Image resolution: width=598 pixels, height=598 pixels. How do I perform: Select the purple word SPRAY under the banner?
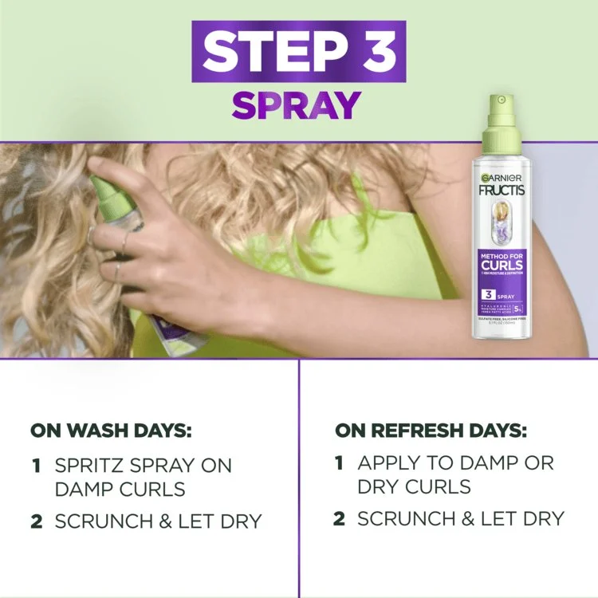[x=297, y=104]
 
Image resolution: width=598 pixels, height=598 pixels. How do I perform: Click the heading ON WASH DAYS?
[x=111, y=431]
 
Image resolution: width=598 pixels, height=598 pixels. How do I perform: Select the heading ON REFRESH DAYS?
[x=431, y=431]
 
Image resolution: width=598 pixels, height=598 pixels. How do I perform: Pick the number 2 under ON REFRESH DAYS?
[x=339, y=519]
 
